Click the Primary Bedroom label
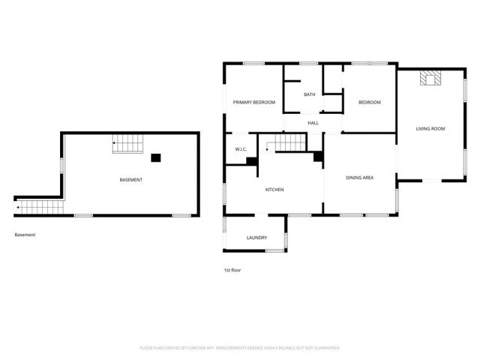pyautogui.click(x=253, y=102)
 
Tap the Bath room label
pyautogui.click(x=310, y=94)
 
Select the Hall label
pyautogui.click(x=313, y=122)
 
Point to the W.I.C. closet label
pyautogui.click(x=241, y=149)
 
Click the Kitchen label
pyautogui.click(x=274, y=189)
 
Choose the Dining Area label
pyautogui.click(x=359, y=178)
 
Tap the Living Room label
pyautogui.click(x=430, y=129)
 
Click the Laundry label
pyautogui.click(x=256, y=238)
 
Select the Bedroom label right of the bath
pyautogui.click(x=369, y=102)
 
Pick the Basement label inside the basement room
pyautogui.click(x=131, y=180)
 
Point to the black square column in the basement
pyautogui.click(x=155, y=157)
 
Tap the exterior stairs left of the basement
pyautogui.click(x=40, y=205)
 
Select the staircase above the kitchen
pyautogui.click(x=288, y=142)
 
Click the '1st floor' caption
pyautogui.click(x=232, y=270)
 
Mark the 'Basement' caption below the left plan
pyautogui.click(x=25, y=235)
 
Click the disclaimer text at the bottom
pyautogui.click(x=240, y=348)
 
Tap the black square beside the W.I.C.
pyautogui.click(x=252, y=160)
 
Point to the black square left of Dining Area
pyautogui.click(x=318, y=157)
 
